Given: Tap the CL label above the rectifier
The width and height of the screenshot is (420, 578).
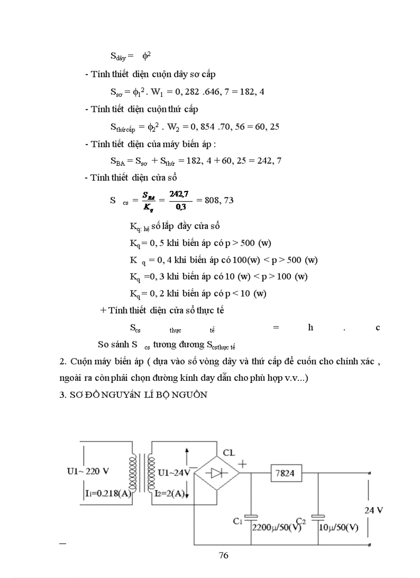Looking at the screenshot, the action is [229, 453].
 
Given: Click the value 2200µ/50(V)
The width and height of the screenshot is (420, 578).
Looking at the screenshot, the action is [276, 528].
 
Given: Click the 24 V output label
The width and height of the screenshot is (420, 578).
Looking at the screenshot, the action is [374, 510].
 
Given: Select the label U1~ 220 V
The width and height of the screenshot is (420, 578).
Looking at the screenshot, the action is [88, 471].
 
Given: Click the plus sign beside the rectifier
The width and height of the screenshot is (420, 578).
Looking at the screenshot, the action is [242, 463].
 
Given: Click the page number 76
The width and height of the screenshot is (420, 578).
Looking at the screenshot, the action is [223, 555].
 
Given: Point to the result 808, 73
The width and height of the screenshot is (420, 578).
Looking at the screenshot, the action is [219, 200].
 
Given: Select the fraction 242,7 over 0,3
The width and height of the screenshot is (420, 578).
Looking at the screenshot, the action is [180, 200].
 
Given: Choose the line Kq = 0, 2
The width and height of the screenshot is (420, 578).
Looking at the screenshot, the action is [198, 293].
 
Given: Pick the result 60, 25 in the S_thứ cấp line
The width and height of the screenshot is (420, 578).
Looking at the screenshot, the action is [266, 126].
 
